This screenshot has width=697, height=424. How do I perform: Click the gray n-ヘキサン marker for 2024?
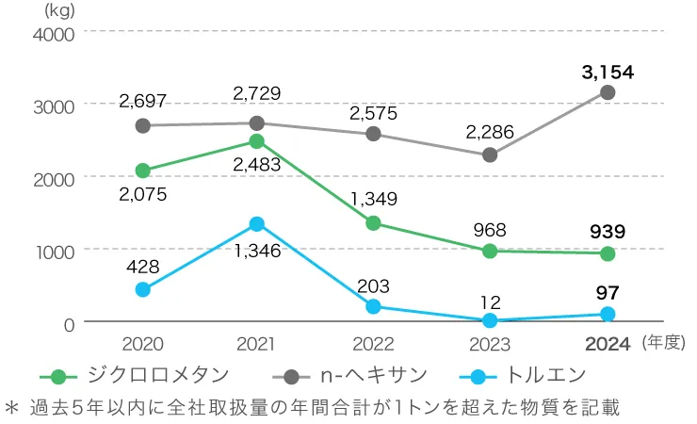pyautogui.click(x=608, y=92)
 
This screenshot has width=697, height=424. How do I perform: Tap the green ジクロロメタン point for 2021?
pyautogui.click(x=257, y=141)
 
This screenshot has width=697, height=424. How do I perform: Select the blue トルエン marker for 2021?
pyautogui.click(x=257, y=224)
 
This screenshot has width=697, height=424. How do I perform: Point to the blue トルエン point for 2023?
pyautogui.click(x=490, y=320)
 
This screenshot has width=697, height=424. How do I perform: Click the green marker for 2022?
pyautogui.click(x=373, y=223)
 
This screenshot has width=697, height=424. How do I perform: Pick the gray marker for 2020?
pyautogui.click(x=143, y=125)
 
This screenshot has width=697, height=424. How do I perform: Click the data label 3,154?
pyautogui.click(x=608, y=72)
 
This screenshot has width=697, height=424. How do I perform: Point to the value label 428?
pyautogui.click(x=143, y=267)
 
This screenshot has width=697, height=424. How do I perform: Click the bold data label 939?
pyautogui.click(x=608, y=232)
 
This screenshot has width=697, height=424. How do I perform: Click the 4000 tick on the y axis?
pyautogui.click(x=55, y=33)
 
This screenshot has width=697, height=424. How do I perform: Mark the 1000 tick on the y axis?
pyautogui.click(x=55, y=251)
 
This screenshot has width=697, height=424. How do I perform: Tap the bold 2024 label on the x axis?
pyautogui.click(x=608, y=345)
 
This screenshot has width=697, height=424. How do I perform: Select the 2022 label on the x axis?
pyautogui.click(x=373, y=345)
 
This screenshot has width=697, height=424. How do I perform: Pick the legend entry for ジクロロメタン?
pyautogui.click(x=141, y=375)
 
